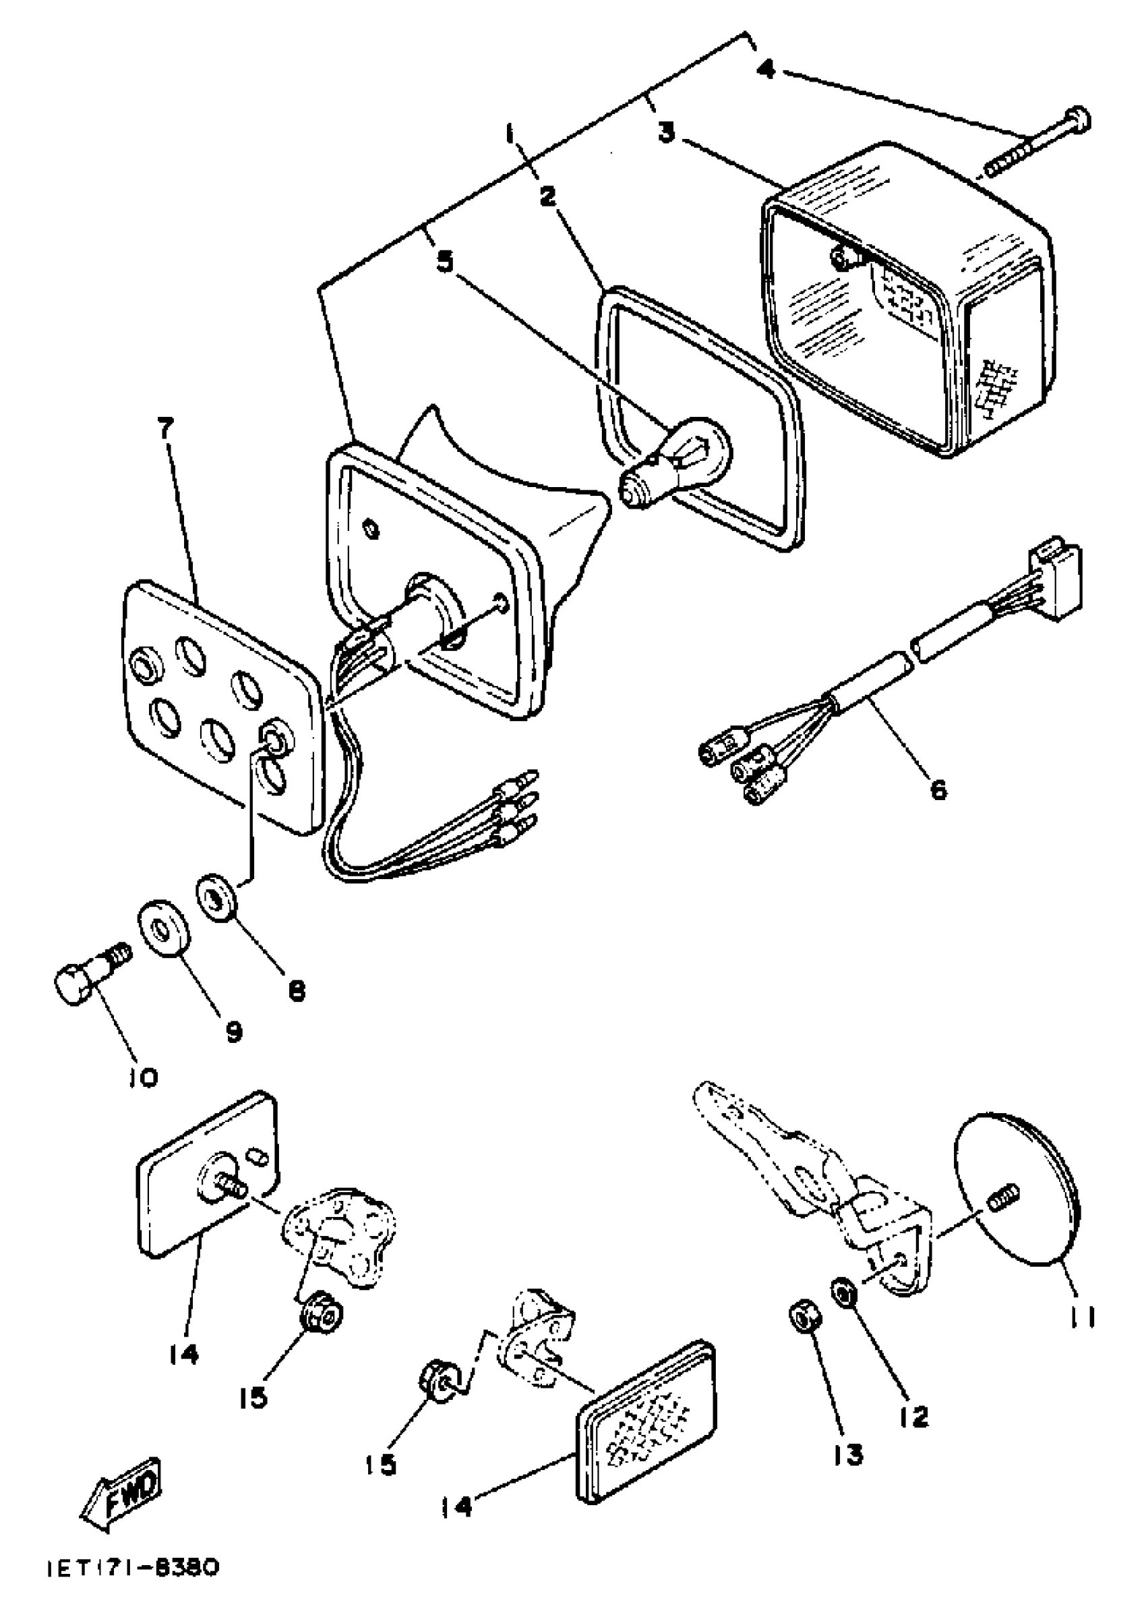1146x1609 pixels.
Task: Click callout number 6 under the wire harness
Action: (938, 789)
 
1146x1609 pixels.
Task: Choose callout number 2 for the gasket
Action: (548, 197)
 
